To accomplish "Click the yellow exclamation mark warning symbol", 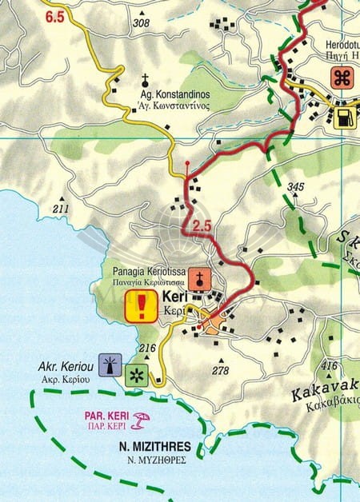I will click(142, 306).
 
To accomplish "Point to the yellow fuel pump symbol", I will click(342, 118).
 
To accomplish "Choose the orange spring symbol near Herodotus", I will click(344, 78).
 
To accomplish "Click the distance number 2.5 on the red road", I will click(202, 226).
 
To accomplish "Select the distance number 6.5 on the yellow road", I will click(54, 16).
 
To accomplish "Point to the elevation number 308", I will click(141, 23).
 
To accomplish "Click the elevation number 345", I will click(295, 187).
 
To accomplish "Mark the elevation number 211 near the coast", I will click(61, 209).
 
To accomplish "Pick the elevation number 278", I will click(221, 370).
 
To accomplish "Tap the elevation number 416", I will click(328, 366).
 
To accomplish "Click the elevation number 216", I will click(146, 348).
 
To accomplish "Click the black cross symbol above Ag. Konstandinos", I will click(146, 79).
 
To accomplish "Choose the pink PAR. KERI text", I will click(106, 416).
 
